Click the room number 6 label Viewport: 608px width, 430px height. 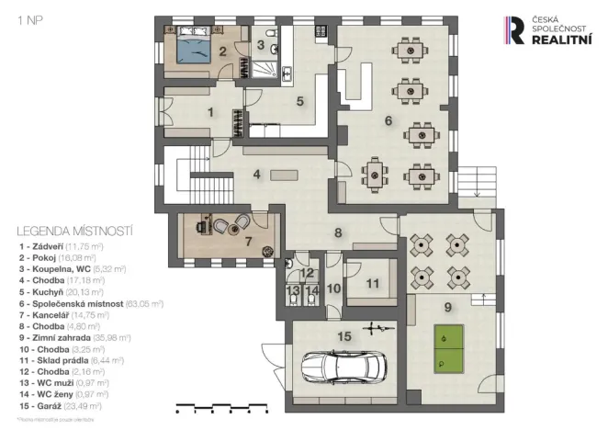click(x=388, y=120)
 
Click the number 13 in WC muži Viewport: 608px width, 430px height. click(x=292, y=291)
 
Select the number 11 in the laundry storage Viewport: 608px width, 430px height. click(x=372, y=284)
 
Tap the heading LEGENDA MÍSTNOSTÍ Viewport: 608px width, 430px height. click(x=75, y=231)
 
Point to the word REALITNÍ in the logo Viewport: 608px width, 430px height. click(x=563, y=40)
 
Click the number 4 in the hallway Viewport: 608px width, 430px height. click(x=257, y=173)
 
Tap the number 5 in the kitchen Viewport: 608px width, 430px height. click(x=299, y=101)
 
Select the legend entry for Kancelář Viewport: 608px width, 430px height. click(x=65, y=314)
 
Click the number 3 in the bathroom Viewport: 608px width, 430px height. click(x=260, y=44)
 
